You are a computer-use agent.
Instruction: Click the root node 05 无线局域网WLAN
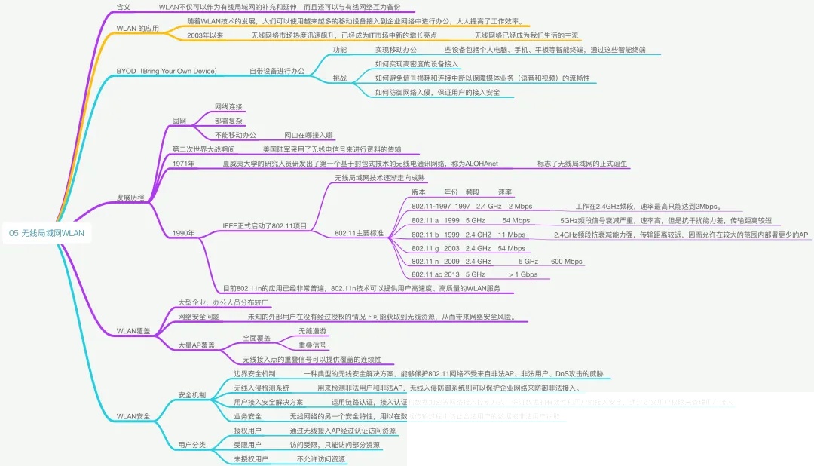coord(47,234)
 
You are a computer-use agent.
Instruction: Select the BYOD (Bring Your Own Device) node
coord(167,71)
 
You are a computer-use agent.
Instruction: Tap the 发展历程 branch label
coord(130,197)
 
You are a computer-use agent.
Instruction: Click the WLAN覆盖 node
coord(133,331)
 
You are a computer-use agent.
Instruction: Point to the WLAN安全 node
coord(133,416)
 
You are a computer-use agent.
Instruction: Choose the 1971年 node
coord(183,164)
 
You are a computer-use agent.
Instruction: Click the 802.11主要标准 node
coord(359,234)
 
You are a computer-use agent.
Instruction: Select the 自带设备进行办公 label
coord(277,71)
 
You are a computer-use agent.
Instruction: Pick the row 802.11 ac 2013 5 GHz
coord(448,275)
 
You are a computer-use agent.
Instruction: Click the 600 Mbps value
coord(566,262)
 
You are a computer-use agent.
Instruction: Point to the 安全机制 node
coord(191,395)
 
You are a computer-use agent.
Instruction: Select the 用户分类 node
coord(191,445)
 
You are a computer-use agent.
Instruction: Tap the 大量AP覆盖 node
coord(196,345)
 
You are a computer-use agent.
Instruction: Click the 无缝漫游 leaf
coord(313,332)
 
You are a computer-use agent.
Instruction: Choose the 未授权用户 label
coord(251,458)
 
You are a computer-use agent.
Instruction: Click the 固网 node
coord(179,121)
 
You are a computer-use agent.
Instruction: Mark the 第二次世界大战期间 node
coord(203,149)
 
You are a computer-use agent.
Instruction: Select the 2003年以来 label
coord(205,35)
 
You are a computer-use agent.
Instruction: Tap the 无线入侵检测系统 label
coord(262,388)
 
